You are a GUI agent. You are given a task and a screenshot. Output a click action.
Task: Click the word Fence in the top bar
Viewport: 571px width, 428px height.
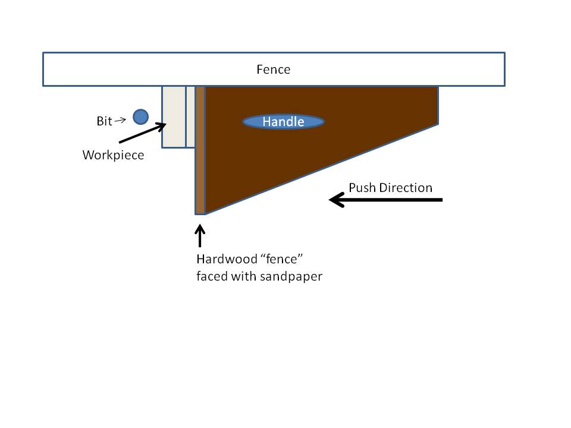coord(274,70)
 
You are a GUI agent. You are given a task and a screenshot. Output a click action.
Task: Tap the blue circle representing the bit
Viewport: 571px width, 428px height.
coord(140,117)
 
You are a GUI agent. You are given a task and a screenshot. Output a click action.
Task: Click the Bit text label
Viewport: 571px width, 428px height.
coord(104,121)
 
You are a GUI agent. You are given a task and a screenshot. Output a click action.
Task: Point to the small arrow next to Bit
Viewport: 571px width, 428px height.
coord(120,120)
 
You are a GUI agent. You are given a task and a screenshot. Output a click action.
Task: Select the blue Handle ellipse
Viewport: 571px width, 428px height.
coord(283,122)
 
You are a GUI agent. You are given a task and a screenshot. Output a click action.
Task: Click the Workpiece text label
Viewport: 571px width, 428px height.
coord(113,156)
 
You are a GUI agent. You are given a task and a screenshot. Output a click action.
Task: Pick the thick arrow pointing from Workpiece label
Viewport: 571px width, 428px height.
coord(143,133)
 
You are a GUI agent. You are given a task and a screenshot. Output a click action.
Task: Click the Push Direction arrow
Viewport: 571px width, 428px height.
coord(386,200)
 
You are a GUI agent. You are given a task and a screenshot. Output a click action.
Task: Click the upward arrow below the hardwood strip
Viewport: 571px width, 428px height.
coord(200,236)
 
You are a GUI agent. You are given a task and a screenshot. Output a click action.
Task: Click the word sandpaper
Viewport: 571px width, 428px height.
coord(291,276)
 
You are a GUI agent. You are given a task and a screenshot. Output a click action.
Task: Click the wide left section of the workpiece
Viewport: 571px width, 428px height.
coord(174,117)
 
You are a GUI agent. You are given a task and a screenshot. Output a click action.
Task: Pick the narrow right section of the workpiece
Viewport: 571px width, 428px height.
coord(190,117)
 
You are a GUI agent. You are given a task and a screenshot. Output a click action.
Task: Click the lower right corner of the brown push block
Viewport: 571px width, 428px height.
coord(437,123)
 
